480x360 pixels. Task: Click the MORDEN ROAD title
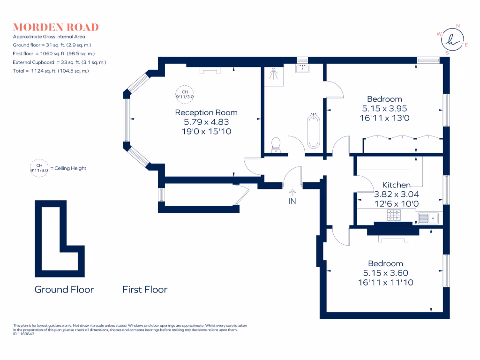tap(56, 27)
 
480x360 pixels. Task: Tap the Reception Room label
tap(206, 112)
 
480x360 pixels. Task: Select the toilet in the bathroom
tap(276, 144)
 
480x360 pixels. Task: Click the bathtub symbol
tap(313, 131)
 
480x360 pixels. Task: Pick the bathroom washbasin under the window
tap(302, 68)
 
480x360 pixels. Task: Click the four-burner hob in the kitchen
tap(394, 215)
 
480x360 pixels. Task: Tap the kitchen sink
tap(428, 218)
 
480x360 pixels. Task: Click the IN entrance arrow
tap(292, 192)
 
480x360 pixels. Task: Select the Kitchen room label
tap(397, 185)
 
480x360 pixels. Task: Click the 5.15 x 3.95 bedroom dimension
tap(384, 108)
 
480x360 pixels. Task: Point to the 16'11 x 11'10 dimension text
tap(386, 282)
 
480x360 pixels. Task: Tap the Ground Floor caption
tap(64, 290)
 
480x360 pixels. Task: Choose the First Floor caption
tap(145, 290)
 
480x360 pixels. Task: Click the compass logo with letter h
tap(452, 39)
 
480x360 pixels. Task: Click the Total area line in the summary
tap(51, 71)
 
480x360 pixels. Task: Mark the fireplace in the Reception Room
tap(210, 70)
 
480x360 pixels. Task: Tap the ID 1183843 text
tap(23, 334)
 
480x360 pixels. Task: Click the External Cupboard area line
tap(60, 62)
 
